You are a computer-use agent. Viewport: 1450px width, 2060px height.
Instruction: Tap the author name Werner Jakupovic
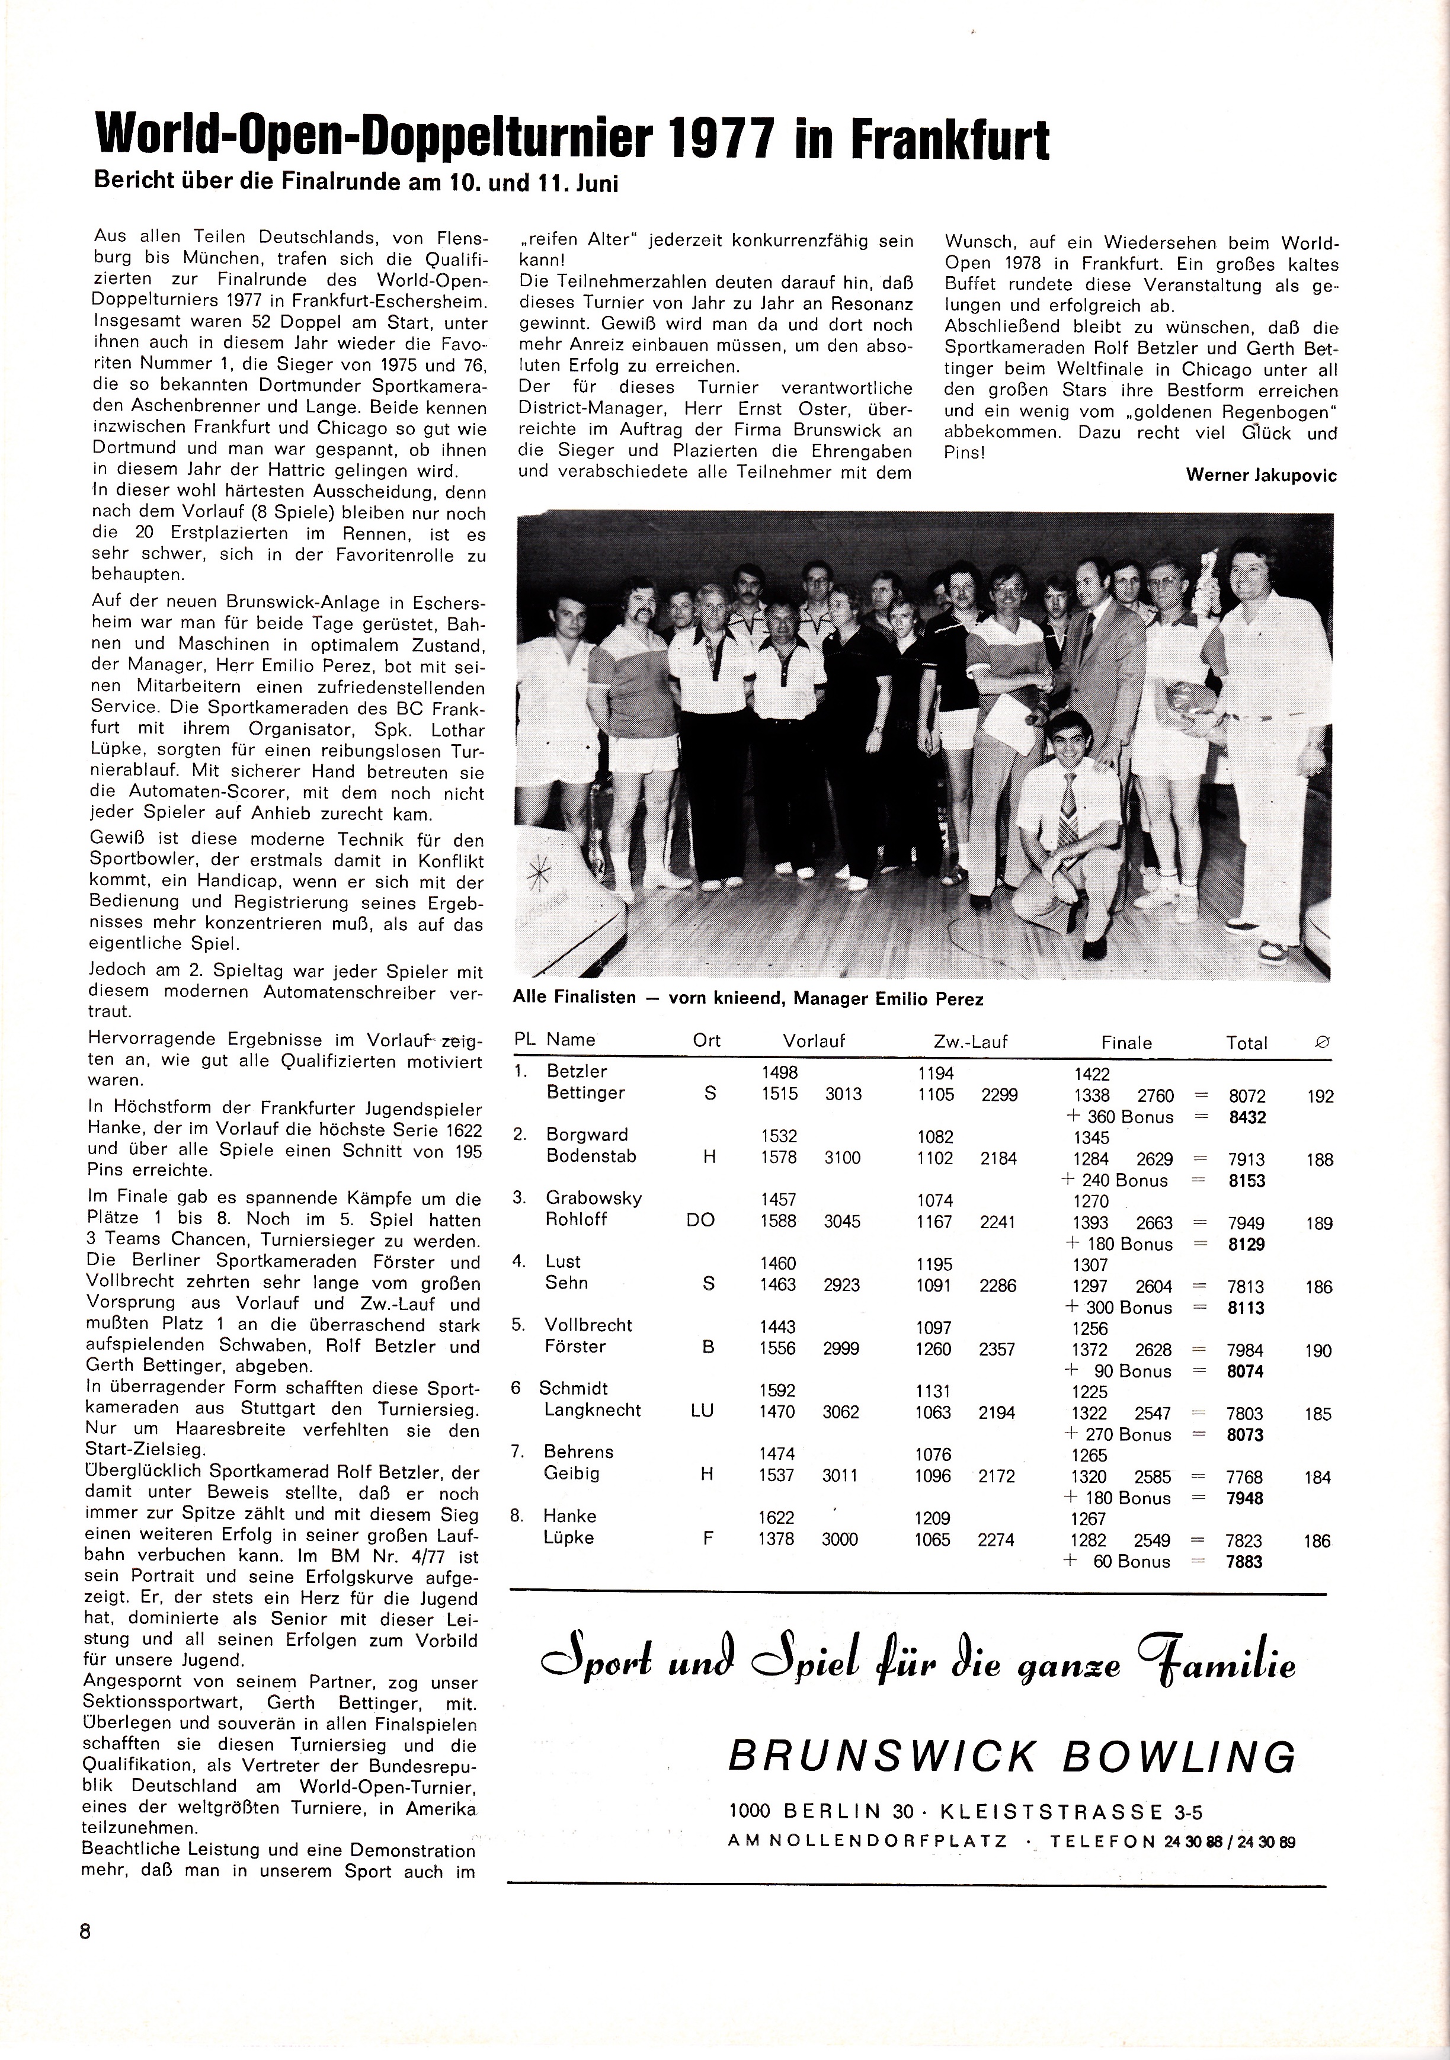tap(1260, 476)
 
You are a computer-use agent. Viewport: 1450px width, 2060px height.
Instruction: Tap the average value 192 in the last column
tap(1320, 1097)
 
